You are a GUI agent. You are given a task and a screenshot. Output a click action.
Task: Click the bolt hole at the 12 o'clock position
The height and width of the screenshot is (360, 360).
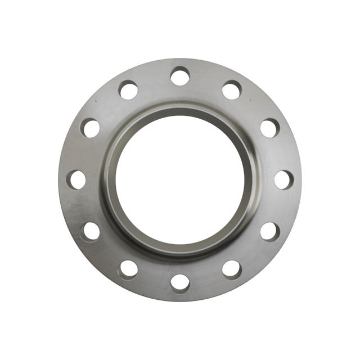[180, 76]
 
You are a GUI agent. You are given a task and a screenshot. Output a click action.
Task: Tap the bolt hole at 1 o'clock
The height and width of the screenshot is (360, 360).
[232, 90]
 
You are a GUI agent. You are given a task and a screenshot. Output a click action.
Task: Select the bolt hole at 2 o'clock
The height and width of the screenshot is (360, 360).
[269, 128]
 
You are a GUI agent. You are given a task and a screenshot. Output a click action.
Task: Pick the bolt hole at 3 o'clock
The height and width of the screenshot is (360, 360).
[283, 179]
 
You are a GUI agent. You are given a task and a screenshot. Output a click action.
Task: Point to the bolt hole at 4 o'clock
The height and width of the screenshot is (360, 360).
[269, 231]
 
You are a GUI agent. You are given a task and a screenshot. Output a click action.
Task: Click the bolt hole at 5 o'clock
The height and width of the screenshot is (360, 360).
[232, 269]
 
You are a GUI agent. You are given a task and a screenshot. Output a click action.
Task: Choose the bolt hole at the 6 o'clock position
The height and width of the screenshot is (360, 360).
[180, 282]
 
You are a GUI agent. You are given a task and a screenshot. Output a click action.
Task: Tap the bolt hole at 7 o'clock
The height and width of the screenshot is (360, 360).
[128, 269]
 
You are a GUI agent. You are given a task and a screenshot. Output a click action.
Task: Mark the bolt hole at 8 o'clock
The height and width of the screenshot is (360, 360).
[91, 231]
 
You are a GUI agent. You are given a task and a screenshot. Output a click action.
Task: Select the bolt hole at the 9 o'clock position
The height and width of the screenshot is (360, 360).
[77, 179]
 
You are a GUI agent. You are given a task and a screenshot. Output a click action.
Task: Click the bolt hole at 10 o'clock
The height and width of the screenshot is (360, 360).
[91, 128]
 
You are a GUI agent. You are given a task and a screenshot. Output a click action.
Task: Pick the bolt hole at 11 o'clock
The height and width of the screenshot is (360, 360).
[128, 90]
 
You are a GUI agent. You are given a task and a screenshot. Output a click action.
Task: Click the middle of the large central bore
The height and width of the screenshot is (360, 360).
[180, 179]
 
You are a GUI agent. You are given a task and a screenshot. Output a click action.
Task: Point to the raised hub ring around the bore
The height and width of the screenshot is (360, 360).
[180, 110]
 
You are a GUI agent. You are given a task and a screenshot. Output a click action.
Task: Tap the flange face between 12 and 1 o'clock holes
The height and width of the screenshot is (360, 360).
[206, 79]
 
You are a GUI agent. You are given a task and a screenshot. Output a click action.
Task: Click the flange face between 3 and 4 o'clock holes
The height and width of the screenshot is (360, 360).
[280, 206]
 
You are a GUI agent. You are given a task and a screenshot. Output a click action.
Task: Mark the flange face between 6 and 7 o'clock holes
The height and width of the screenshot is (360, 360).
[154, 280]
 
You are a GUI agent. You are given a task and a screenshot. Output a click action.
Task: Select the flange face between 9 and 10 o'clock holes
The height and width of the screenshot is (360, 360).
[80, 153]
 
